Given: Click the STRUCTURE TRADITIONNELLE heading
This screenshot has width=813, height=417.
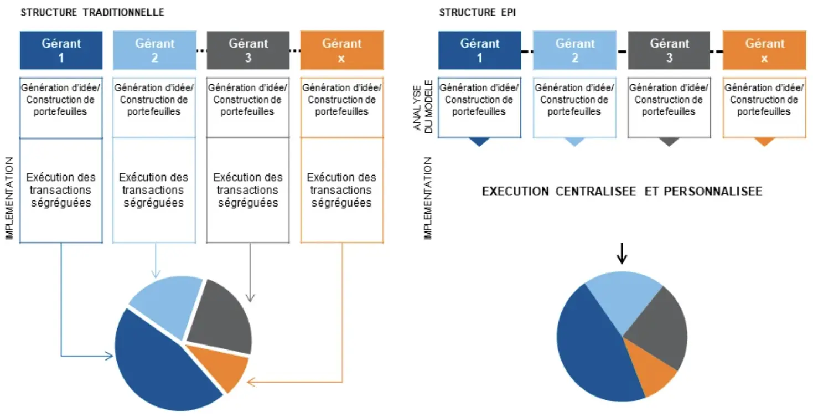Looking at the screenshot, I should (x=92, y=12).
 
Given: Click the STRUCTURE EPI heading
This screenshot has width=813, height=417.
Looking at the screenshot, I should (x=477, y=12).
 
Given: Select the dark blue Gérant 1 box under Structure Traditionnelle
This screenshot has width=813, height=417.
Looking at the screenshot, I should (x=61, y=50).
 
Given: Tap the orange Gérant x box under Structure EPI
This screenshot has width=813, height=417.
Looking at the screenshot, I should (x=764, y=50).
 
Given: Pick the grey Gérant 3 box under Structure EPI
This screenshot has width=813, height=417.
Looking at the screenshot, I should (x=669, y=50).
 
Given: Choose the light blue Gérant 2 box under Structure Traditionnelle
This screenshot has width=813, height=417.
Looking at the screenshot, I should (x=154, y=50).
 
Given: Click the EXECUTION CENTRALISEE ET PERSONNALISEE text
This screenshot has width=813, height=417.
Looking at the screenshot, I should (x=622, y=192).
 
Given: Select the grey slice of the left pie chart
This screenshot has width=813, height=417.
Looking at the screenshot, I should (x=221, y=316).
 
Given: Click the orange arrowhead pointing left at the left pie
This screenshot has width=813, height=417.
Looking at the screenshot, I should (x=251, y=382).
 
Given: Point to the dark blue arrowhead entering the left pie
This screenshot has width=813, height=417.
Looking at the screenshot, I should (x=109, y=356).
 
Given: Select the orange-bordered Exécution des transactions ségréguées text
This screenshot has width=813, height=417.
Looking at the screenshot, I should (x=341, y=190).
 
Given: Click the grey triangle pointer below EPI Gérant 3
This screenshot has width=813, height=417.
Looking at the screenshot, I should (x=670, y=142).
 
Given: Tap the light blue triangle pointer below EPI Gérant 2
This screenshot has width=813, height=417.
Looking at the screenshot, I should (x=574, y=142).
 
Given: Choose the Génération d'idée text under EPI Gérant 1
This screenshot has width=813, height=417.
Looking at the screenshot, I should (x=479, y=88).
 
